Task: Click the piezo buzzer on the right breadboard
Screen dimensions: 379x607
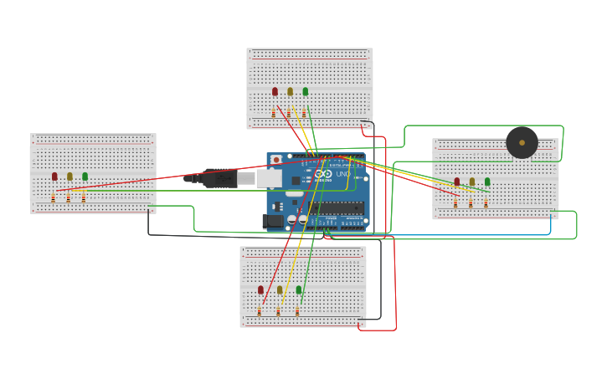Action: point(522,142)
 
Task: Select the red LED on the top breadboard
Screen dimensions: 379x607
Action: point(275,92)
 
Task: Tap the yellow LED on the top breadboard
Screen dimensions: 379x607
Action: point(290,92)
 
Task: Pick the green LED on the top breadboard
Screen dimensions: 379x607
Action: point(305,92)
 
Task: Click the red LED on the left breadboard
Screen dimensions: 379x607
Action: point(54,177)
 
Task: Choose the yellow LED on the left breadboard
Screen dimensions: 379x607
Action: point(69,177)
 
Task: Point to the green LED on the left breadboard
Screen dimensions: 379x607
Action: point(85,177)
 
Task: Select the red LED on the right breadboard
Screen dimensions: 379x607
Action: point(456,182)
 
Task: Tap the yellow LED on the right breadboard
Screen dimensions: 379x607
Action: point(471,182)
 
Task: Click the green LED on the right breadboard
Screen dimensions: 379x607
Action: point(486,182)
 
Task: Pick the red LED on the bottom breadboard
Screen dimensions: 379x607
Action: point(260,290)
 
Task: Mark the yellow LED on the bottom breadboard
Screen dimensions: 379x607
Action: point(280,290)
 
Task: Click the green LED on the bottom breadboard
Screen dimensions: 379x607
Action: point(298,290)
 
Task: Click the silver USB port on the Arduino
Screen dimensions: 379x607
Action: point(269,178)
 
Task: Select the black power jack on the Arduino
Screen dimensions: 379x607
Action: point(273,221)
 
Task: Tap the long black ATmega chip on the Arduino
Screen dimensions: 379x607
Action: point(338,208)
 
